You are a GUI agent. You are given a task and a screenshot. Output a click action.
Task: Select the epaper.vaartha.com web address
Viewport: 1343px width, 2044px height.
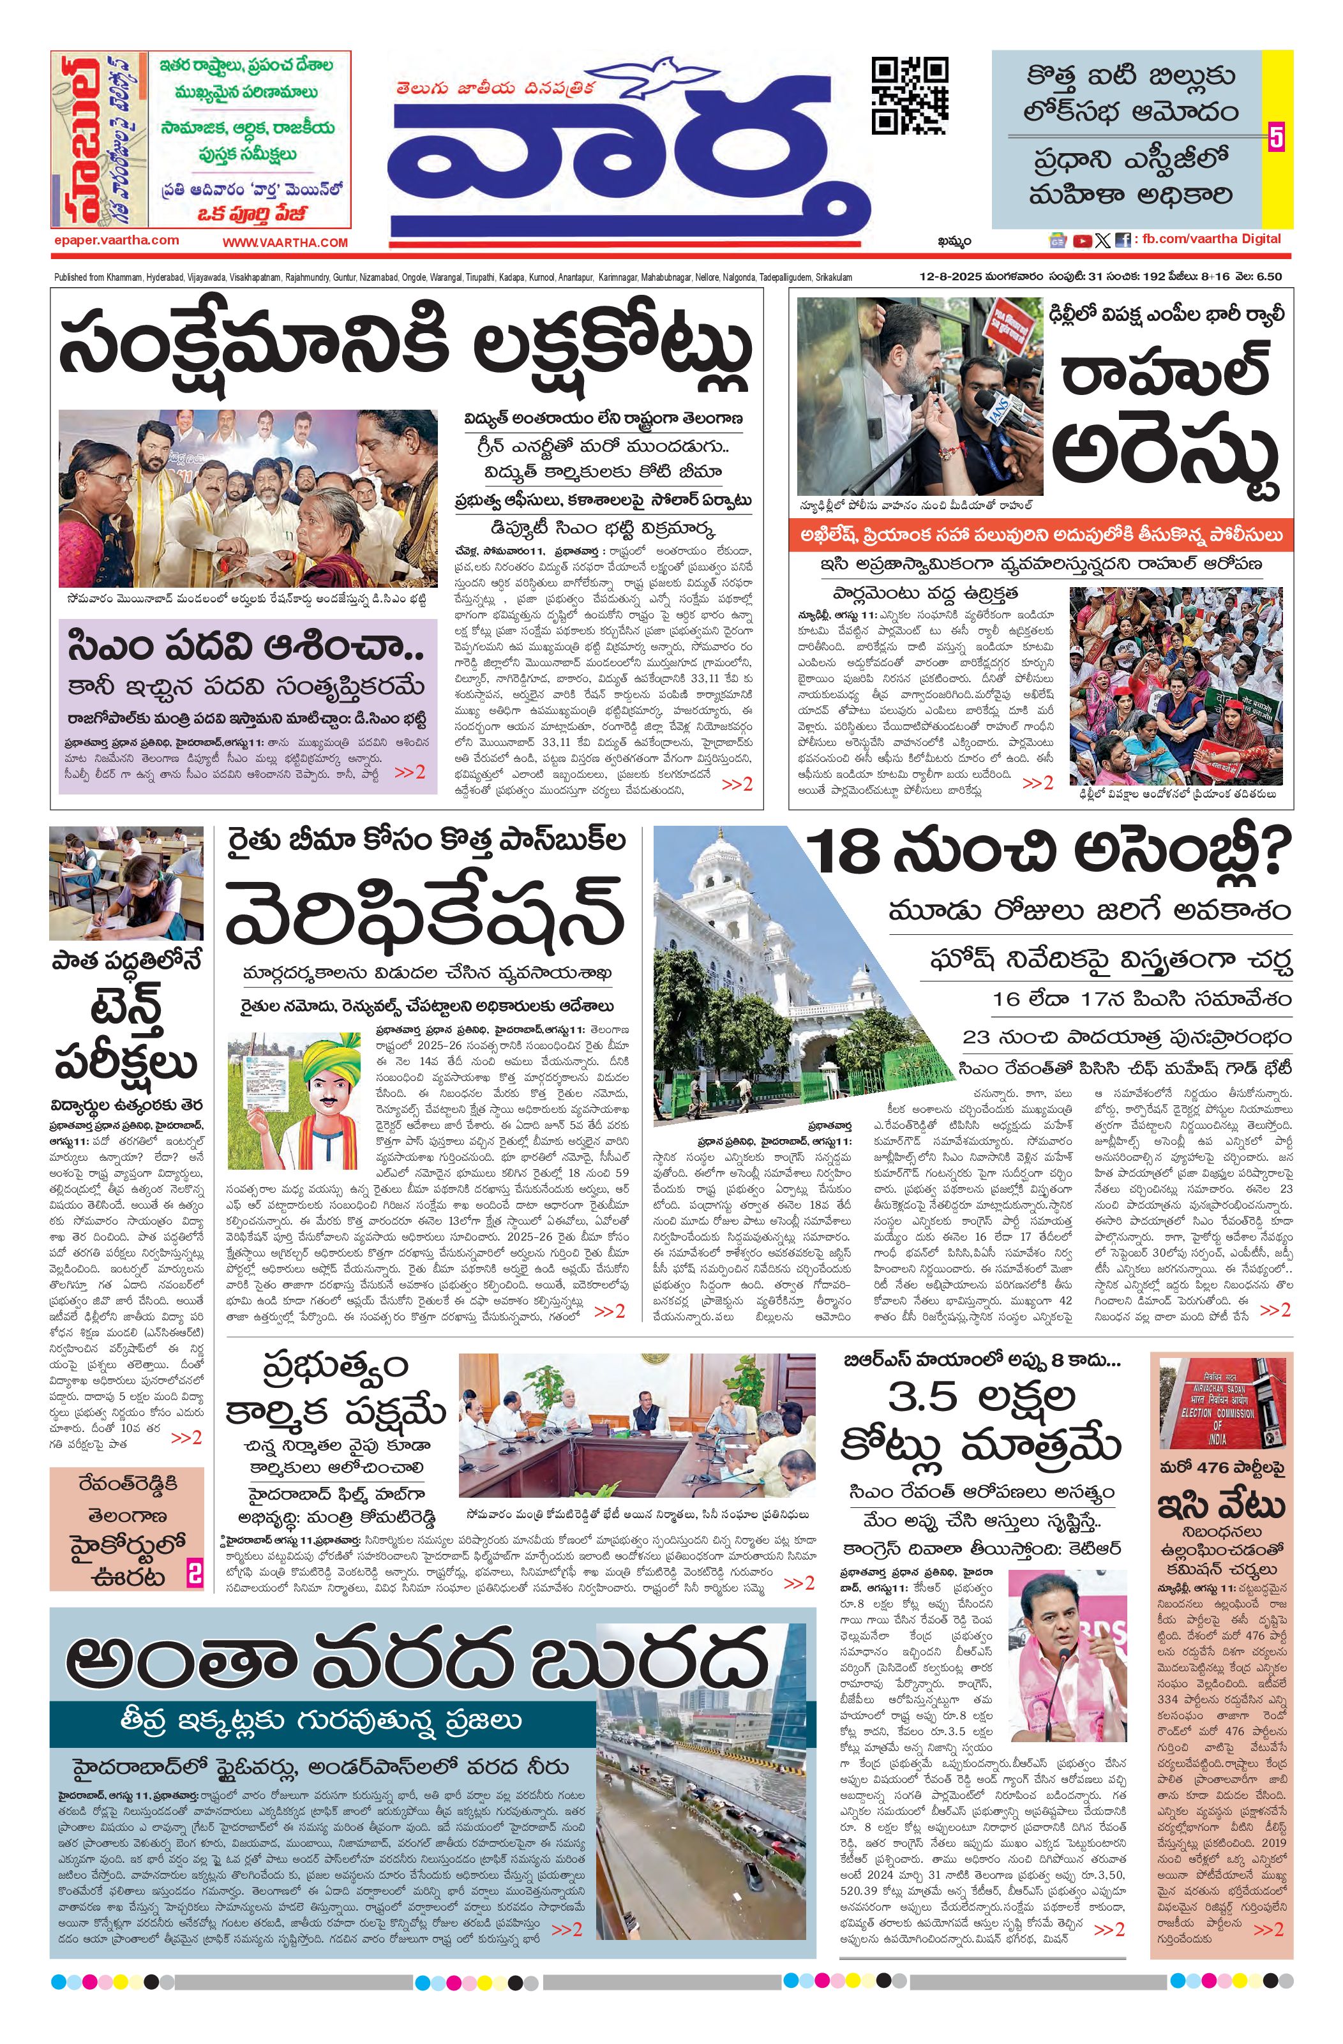tap(115, 241)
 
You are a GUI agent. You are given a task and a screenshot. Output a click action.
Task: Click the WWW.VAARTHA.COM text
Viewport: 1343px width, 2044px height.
tap(285, 243)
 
